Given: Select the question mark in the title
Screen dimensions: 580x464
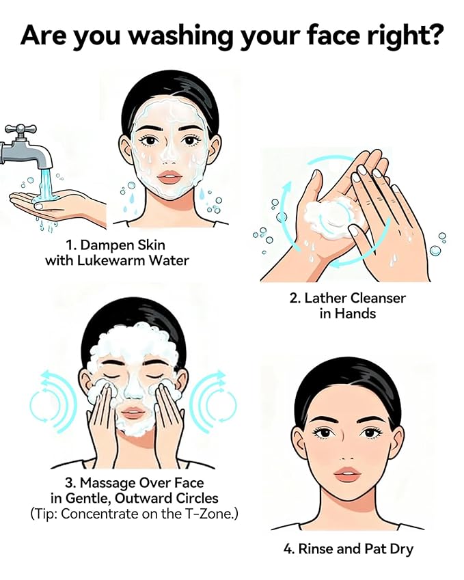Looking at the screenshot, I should [x=434, y=36].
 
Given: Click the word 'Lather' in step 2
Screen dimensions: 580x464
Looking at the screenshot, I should [x=326, y=299].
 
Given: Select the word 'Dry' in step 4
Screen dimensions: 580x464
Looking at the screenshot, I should [x=400, y=549].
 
